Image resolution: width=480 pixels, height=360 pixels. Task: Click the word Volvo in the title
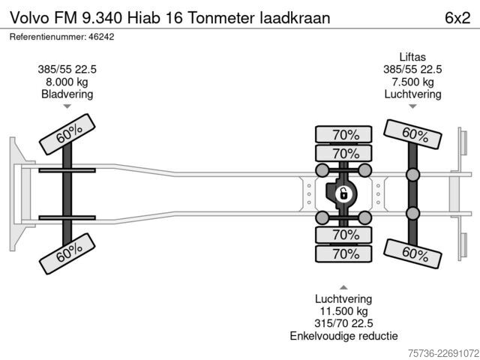pos(30,18)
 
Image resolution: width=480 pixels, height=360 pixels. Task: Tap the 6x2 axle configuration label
pos(457,18)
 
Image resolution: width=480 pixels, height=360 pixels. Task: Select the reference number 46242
pos(101,37)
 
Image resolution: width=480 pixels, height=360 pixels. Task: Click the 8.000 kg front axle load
pos(67,82)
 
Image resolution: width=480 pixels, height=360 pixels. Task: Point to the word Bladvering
pos(67,94)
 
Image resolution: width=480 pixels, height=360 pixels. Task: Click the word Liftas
pos(412,57)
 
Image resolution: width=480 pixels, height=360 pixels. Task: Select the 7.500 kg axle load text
pos(413,82)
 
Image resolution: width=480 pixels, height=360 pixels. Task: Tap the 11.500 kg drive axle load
pos(343,311)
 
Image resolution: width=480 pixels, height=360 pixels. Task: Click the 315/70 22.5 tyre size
pos(343,323)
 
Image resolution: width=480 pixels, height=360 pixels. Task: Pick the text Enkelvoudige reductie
pos(343,336)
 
